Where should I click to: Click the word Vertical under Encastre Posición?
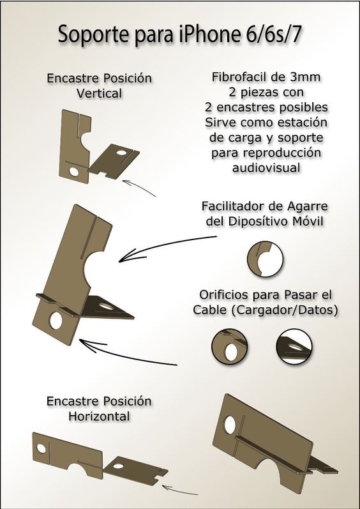pyautogui.click(x=99, y=93)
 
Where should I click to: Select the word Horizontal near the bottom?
pyautogui.click(x=99, y=416)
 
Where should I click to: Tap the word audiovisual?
pyautogui.click(x=266, y=168)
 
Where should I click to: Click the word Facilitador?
pyautogui.click(x=234, y=206)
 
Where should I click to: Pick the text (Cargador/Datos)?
pyautogui.click(x=285, y=310)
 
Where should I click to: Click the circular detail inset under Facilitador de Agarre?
pyautogui.click(x=266, y=259)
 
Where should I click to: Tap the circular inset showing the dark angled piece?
pyautogui.click(x=294, y=347)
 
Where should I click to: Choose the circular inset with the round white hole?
pyautogui.click(x=230, y=347)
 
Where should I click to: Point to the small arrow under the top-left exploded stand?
pyautogui.click(x=139, y=188)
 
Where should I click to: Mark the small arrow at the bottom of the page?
pyautogui.click(x=180, y=490)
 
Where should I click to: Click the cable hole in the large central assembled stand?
pyautogui.click(x=56, y=321)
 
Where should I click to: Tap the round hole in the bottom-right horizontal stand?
pyautogui.click(x=230, y=425)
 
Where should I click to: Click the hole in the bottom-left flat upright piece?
pyautogui.click(x=41, y=448)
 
